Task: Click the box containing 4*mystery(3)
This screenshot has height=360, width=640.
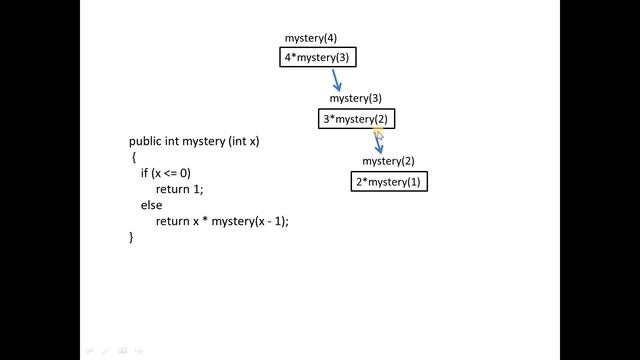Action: (317, 58)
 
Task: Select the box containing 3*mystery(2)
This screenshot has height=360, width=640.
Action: (357, 120)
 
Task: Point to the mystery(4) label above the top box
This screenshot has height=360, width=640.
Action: (310, 38)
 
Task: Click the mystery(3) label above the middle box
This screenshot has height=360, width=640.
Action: (356, 99)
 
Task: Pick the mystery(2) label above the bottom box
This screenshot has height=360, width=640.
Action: (388, 161)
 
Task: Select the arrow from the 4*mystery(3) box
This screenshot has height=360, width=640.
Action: (337, 79)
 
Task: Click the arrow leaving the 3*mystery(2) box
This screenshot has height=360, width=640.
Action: (379, 141)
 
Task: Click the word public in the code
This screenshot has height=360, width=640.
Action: (146, 142)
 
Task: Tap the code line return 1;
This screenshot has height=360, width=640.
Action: (180, 189)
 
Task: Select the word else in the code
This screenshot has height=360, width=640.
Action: (151, 205)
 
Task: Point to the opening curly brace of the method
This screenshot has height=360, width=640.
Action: (132, 158)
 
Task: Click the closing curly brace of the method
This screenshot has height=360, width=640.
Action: (131, 237)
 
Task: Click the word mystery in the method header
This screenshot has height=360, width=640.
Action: (205, 142)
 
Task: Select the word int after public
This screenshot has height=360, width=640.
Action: (175, 142)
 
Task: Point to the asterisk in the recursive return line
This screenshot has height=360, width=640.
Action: (205, 221)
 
